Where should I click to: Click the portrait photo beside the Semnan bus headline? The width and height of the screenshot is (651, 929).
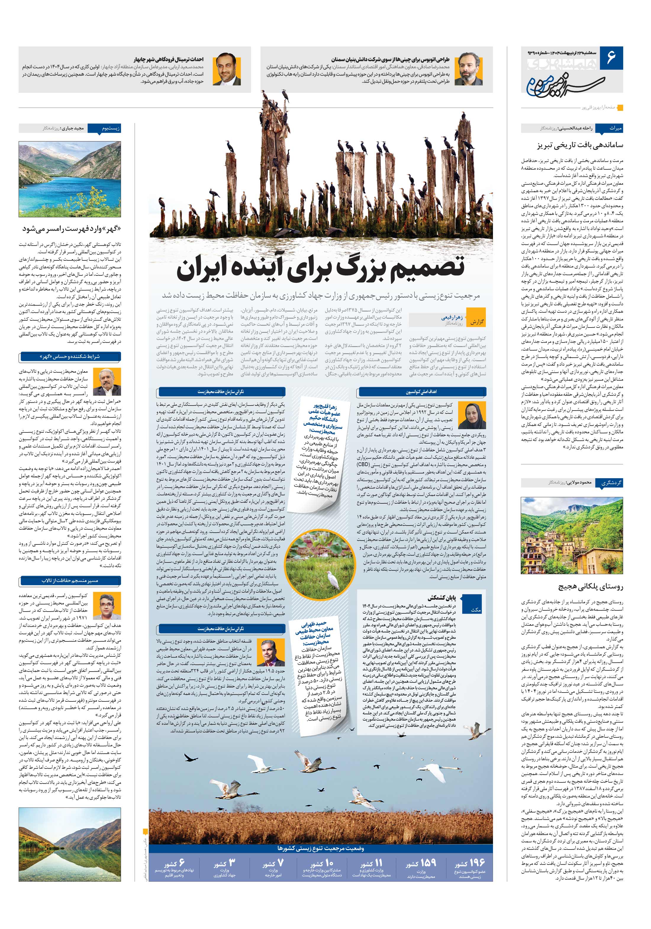(468, 69)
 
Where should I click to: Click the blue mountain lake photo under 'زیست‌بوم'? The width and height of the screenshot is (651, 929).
(70, 179)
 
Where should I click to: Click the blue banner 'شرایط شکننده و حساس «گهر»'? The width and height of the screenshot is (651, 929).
(70, 357)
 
